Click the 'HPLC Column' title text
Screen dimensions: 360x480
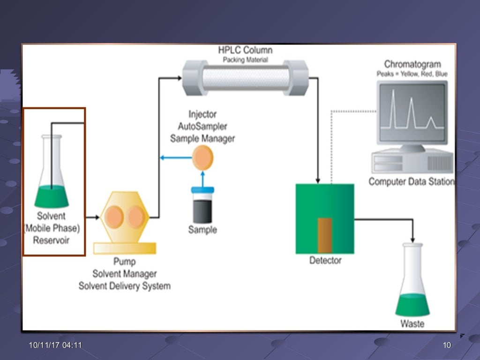pyautogui.click(x=245, y=50)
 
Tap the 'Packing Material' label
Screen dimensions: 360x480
pyautogui.click(x=245, y=60)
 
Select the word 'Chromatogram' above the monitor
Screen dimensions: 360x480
pyautogui.click(x=412, y=64)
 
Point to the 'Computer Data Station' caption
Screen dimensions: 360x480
pyautogui.click(x=411, y=182)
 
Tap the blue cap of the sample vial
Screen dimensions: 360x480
pyautogui.click(x=202, y=189)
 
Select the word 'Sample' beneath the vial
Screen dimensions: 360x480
pyautogui.click(x=202, y=230)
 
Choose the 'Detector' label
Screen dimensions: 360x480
pyautogui.click(x=325, y=260)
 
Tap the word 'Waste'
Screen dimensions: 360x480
pyautogui.click(x=412, y=324)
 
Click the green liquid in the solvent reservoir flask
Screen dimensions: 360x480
pyautogui.click(x=52, y=195)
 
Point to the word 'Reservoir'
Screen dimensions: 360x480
pyautogui.click(x=52, y=241)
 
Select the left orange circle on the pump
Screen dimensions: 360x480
pyautogui.click(x=114, y=217)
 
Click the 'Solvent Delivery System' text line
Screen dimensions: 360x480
pyautogui.click(x=124, y=286)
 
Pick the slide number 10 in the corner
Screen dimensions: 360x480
pyautogui.click(x=446, y=345)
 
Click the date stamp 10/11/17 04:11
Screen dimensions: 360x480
pyautogui.click(x=55, y=345)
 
